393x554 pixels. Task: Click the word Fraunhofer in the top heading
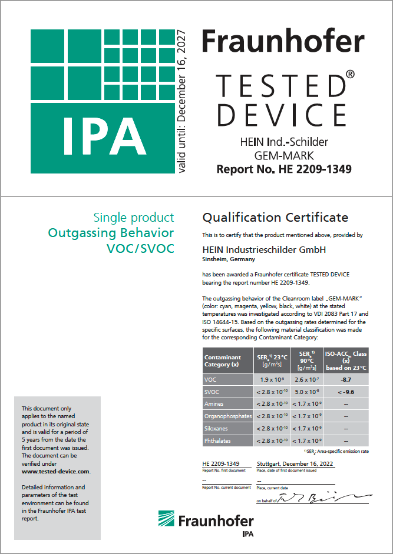point(283,41)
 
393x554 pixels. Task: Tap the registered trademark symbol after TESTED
point(349,75)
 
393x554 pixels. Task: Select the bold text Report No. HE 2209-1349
point(284,169)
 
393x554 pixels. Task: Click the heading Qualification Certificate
point(275,218)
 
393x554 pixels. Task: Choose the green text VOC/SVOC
point(140,249)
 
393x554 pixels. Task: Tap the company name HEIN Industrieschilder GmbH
point(264,250)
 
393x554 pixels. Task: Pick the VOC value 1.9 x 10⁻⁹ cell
point(272,380)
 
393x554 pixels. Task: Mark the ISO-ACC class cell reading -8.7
point(346,380)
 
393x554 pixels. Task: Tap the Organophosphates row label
point(227,416)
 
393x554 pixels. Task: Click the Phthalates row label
point(217,440)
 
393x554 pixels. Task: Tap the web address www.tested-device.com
point(56,472)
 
